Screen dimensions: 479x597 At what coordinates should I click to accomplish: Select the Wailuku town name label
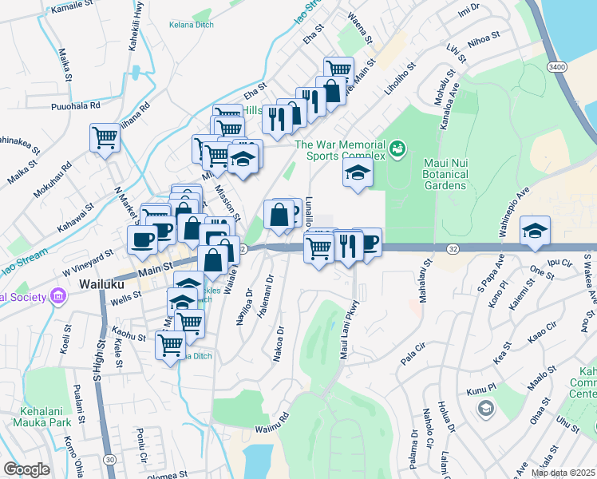pyautogui.click(x=100, y=283)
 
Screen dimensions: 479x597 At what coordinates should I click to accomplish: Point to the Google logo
pyautogui.click(x=27, y=469)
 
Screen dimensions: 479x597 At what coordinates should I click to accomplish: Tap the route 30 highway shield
pyautogui.click(x=108, y=460)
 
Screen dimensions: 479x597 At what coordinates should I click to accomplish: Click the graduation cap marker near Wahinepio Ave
pyautogui.click(x=535, y=231)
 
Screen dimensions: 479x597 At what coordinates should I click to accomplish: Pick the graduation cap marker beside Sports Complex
pyautogui.click(x=358, y=173)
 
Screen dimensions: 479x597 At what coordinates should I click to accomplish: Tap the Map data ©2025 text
pyautogui.click(x=563, y=473)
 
